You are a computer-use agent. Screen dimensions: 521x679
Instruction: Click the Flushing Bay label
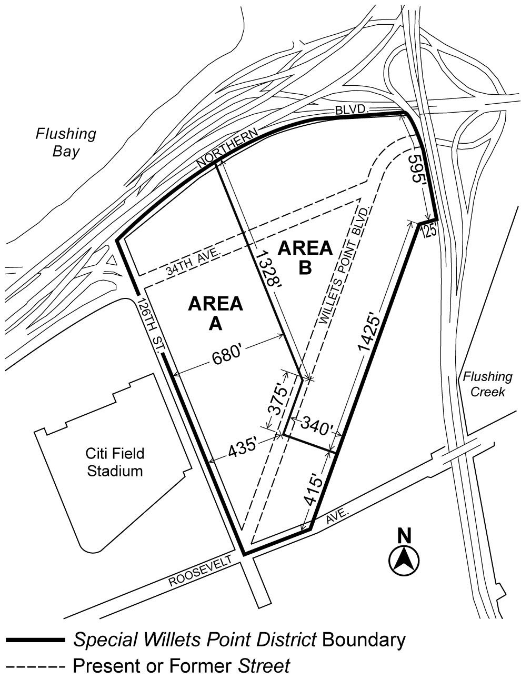(66, 143)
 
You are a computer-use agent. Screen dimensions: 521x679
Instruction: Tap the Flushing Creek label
(487, 384)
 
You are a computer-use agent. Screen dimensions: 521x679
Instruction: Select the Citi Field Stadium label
(115, 462)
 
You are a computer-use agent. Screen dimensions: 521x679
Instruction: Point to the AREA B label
(305, 257)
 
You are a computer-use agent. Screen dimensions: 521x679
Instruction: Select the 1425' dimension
(368, 332)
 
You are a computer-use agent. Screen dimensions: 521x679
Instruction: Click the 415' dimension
(313, 490)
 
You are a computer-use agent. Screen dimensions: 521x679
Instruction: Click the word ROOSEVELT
(200, 572)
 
